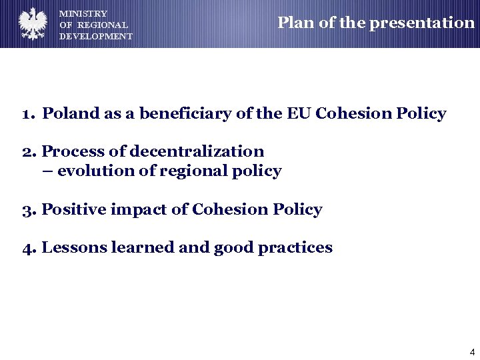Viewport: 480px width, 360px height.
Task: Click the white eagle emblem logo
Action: pyautogui.click(x=32, y=24)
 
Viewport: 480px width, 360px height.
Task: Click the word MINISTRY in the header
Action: pyautogui.click(x=83, y=13)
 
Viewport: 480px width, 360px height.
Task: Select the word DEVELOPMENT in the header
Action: pyautogui.click(x=96, y=37)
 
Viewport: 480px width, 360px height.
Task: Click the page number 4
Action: pyautogui.click(x=472, y=352)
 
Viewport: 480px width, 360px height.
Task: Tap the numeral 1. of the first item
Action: pyautogui.click(x=29, y=114)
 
